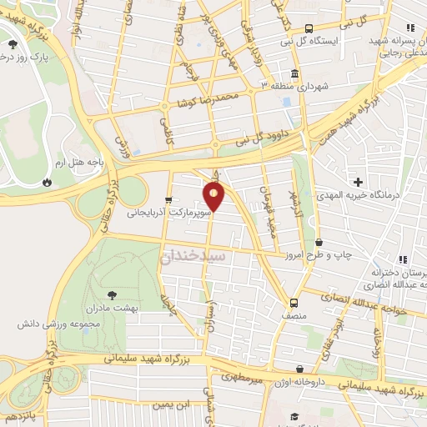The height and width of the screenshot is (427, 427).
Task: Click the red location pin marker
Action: (x=214, y=197)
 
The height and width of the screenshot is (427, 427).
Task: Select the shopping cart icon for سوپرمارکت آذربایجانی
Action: (x=169, y=200)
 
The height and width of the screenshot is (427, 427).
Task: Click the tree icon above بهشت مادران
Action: (x=111, y=294)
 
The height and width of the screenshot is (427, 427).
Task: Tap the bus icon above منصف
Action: (x=294, y=303)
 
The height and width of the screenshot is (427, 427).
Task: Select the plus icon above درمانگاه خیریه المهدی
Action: (x=359, y=182)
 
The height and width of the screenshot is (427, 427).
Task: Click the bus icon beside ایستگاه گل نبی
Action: (x=309, y=29)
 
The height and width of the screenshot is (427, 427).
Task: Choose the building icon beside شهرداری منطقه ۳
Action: (x=295, y=73)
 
